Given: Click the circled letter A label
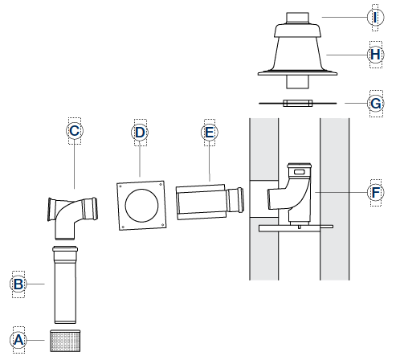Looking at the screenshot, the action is point(18,340).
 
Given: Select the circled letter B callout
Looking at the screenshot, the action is point(18,284).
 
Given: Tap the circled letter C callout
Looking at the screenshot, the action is point(75,131).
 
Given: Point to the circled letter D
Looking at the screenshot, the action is point(140,133).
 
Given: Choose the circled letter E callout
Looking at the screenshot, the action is point(210,133).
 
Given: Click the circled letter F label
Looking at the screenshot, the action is point(376,192).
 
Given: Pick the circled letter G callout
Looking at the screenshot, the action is point(376,104).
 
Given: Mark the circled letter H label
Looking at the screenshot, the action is point(376,55).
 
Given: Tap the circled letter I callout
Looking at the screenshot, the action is point(376,18).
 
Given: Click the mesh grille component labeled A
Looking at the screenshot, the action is point(65,341).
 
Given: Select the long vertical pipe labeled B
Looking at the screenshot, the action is point(65,284).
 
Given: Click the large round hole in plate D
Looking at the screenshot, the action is point(141,206).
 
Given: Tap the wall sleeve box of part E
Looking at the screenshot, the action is point(201,202).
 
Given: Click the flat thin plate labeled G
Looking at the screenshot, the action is point(298,103).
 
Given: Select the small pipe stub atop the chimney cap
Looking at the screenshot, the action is point(297,18).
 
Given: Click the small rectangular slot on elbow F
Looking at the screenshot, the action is point(300,172).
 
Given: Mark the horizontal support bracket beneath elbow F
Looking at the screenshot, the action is point(296,228).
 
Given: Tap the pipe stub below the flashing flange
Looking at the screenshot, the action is point(297,82).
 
